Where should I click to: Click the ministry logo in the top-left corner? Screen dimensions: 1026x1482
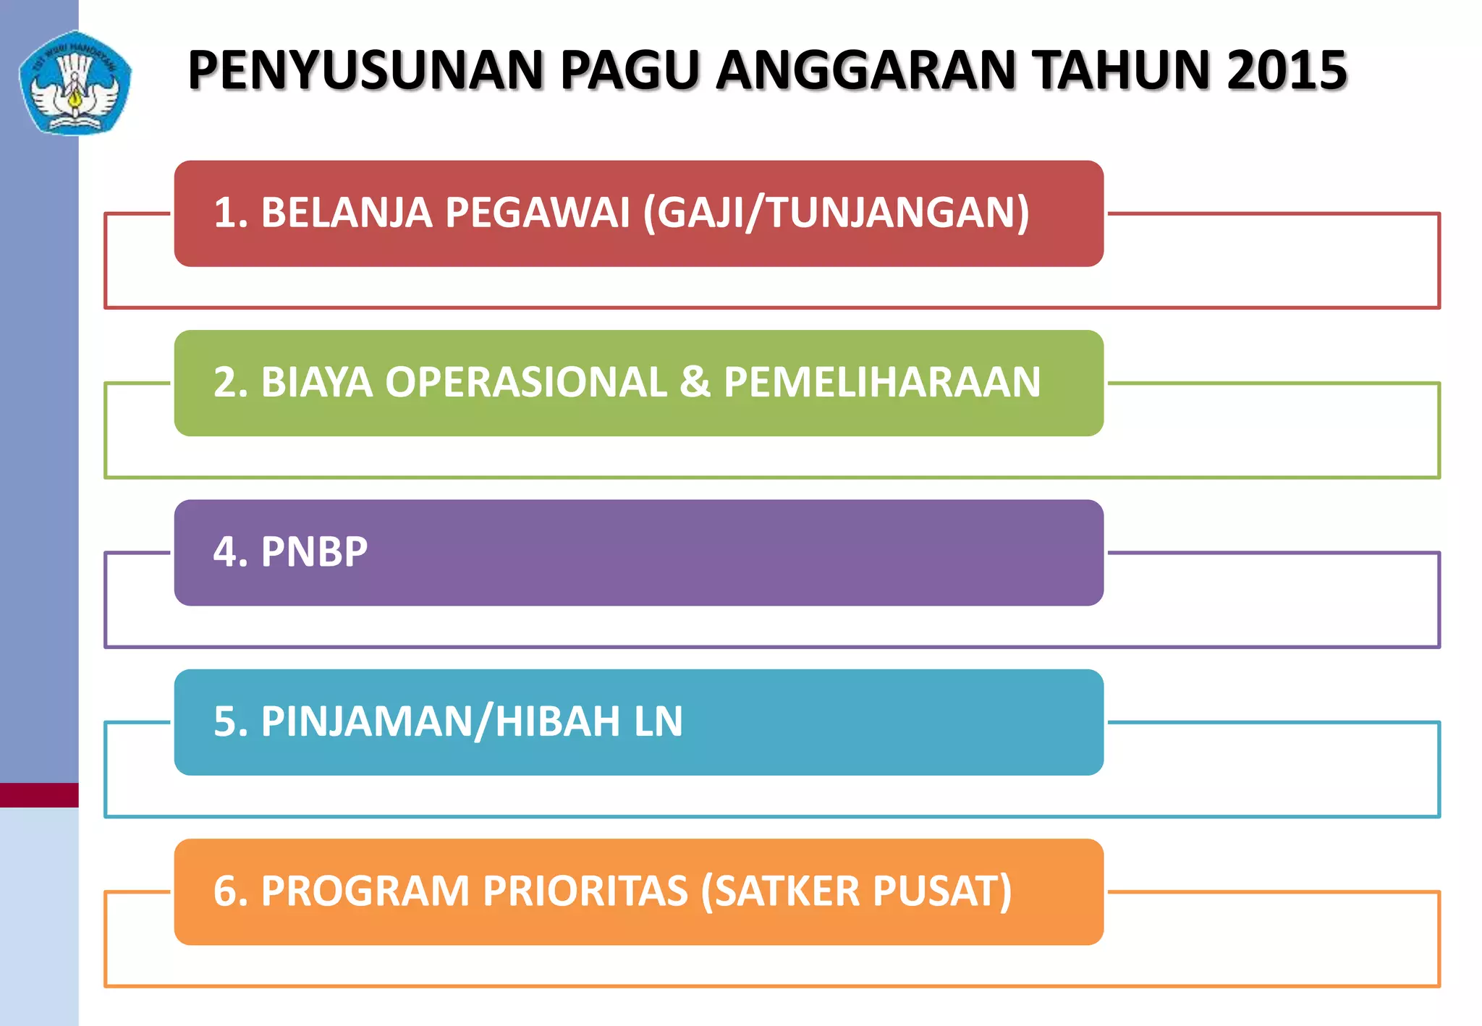pyautogui.click(x=75, y=83)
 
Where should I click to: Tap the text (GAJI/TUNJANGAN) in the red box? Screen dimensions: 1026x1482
pyautogui.click(x=836, y=213)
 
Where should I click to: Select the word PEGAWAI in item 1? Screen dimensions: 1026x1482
pyautogui.click(x=537, y=213)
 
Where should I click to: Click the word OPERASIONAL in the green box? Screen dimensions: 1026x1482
pyautogui.click(x=525, y=382)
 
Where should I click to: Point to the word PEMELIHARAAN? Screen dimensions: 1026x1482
pyautogui.click(x=881, y=382)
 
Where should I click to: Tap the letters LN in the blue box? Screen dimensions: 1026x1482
pyautogui.click(x=658, y=721)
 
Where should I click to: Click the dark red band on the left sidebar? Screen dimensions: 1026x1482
pyautogui.click(x=39, y=794)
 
